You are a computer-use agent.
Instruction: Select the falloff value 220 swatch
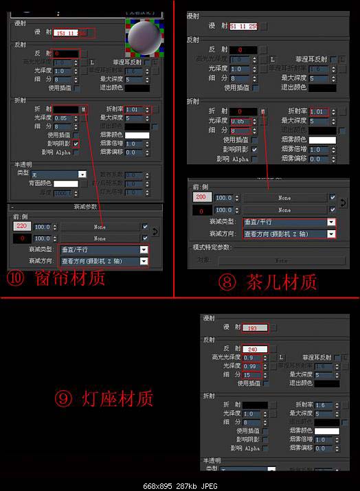tap(21, 226)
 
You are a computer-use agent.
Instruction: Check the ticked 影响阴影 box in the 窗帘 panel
tap(76, 144)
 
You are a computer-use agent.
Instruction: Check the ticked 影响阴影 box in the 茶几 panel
tap(255, 149)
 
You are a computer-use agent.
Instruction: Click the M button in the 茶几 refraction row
tap(263, 111)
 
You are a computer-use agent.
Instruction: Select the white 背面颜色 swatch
tap(66, 183)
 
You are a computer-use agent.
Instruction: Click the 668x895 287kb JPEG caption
tap(180, 483)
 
